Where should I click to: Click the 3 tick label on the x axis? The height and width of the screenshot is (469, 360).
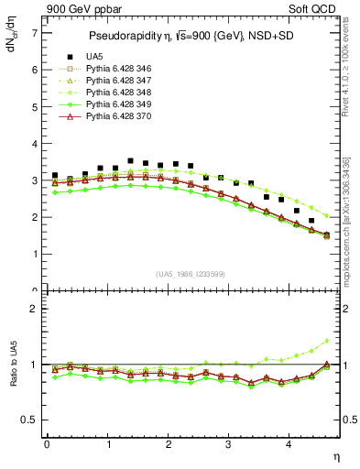pyautogui.click(x=229, y=444)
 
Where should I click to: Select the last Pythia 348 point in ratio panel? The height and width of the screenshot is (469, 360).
pyautogui.click(x=326, y=342)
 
